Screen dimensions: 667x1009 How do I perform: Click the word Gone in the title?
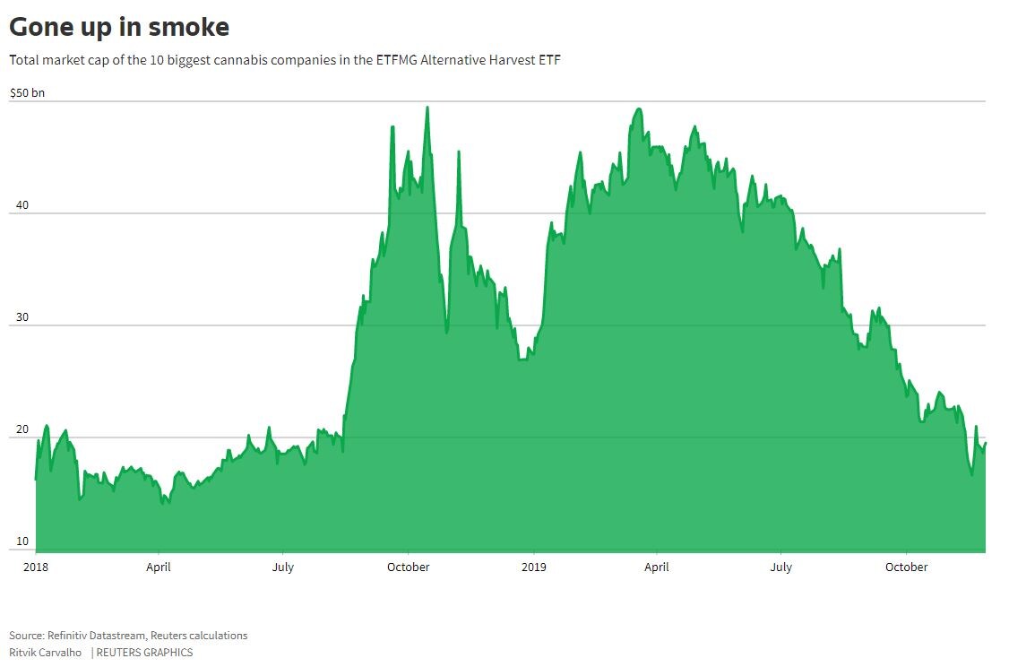pos(38,27)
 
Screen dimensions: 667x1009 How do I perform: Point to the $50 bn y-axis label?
pos(27,92)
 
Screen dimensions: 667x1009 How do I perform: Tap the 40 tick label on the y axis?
pos(22,205)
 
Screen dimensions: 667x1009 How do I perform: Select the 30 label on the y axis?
pos(22,317)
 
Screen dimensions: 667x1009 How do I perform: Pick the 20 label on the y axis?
pos(22,429)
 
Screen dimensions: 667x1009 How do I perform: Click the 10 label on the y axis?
pos(22,541)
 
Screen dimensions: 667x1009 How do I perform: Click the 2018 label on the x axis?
pos(35,567)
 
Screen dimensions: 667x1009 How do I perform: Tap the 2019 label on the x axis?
pos(533,567)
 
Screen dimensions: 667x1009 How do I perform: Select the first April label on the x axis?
pos(159,567)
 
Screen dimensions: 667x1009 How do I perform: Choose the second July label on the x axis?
pos(781,567)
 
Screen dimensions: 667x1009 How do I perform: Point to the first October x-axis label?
pos(408,567)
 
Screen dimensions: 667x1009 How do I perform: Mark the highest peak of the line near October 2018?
pos(427,108)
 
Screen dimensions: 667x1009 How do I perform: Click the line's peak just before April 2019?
pos(638,109)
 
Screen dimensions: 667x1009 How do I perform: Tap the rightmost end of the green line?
pos(985,443)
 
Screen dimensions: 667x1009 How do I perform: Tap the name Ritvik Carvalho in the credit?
pos(46,652)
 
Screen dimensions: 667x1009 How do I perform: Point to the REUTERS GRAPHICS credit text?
pos(144,652)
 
